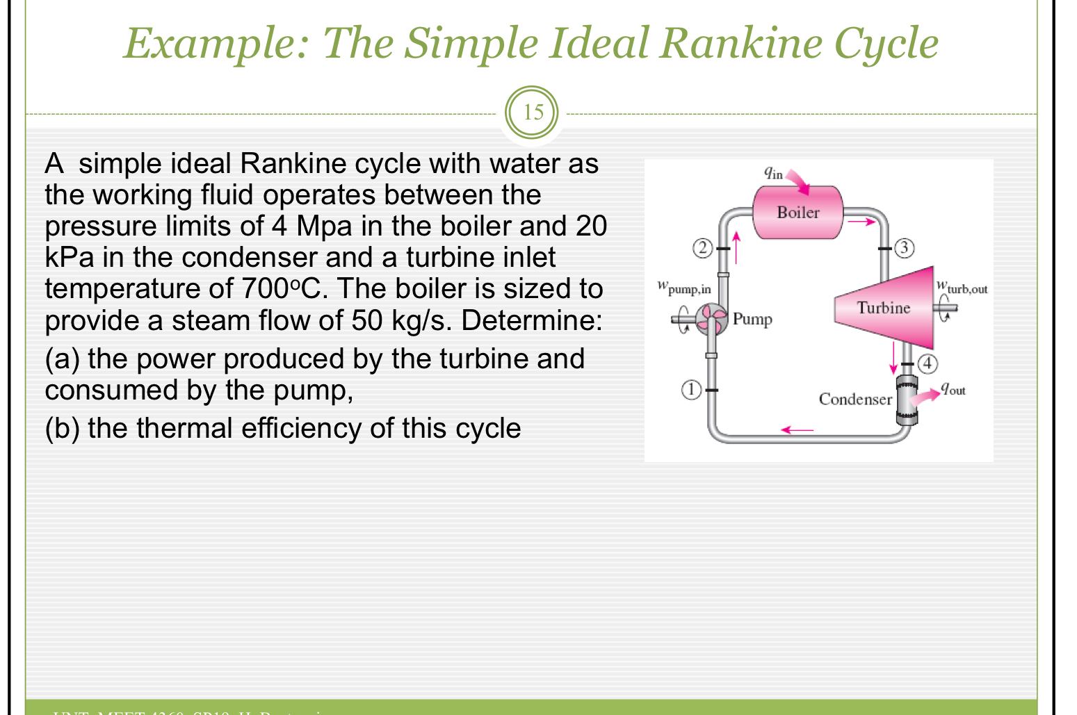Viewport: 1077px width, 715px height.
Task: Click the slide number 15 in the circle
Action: click(533, 113)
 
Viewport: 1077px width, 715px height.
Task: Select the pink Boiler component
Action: click(797, 213)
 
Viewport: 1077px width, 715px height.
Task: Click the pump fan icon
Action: click(711, 320)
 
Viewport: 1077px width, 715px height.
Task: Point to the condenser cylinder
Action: click(907, 401)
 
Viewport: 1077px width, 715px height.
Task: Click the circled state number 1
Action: click(690, 390)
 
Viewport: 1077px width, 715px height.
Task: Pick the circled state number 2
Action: click(703, 247)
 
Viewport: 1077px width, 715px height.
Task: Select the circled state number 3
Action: click(903, 247)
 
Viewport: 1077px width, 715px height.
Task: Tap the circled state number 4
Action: click(928, 363)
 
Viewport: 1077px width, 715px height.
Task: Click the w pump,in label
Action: click(684, 287)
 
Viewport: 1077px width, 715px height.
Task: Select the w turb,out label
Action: click(962, 286)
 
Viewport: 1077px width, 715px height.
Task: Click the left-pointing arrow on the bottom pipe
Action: click(797, 430)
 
